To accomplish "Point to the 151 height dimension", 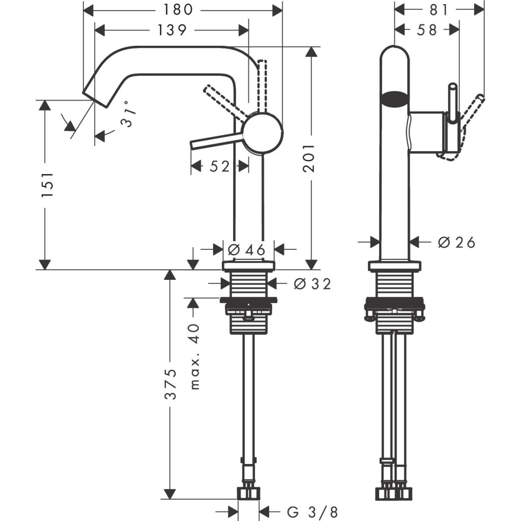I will coord(48,184).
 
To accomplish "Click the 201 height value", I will coord(309,159).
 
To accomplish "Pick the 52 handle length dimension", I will coord(219,166).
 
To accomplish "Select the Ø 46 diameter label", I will coord(247,250).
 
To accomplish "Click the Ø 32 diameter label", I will coord(312,284).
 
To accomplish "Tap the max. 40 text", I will coord(195,356).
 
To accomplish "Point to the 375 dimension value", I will coord(172,385).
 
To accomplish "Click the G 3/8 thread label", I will coord(311,510).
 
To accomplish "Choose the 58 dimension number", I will coord(426,31).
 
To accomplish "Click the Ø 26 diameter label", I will coord(456,243).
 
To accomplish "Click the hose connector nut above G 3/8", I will coord(249,493).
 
